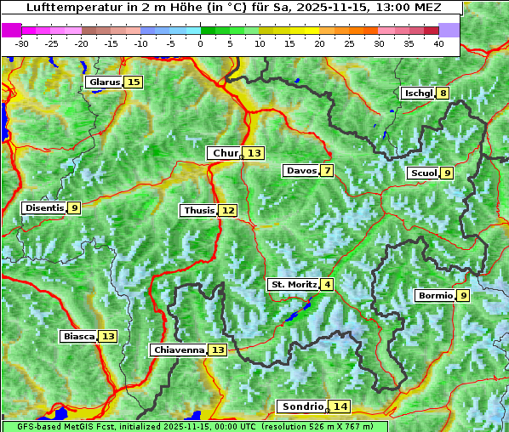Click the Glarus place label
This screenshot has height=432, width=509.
click(104, 82)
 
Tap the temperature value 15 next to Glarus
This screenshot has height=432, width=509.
click(133, 82)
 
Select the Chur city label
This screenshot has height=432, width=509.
click(226, 153)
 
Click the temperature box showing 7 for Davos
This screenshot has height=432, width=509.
click(327, 171)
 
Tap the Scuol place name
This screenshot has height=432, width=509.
click(423, 173)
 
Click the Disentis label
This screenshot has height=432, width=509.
click(43, 207)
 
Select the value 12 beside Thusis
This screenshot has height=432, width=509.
click(227, 210)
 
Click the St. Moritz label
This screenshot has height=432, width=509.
click(293, 284)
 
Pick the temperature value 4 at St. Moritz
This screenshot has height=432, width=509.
click(327, 284)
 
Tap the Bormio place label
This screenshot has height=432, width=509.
click(434, 296)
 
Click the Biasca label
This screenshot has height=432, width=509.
click(78, 337)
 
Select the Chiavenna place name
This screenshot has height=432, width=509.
click(178, 350)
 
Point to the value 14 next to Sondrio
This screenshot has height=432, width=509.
click(340, 406)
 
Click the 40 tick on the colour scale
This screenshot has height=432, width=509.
click(438, 43)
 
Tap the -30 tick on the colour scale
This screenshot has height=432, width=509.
click(22, 43)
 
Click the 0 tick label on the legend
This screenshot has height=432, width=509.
click(200, 43)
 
